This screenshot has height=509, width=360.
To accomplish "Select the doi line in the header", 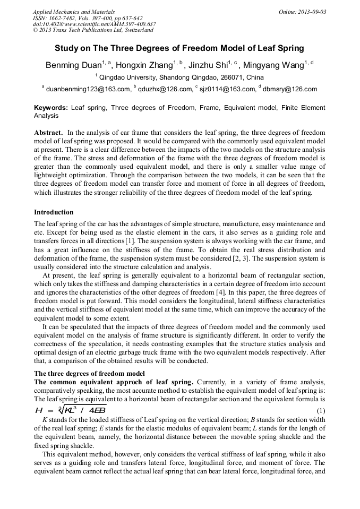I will point(94,24).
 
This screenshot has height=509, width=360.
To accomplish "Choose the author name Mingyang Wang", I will point(273,65).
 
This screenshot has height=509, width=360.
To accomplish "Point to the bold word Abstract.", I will point(49,132).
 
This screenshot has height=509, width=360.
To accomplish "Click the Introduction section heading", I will point(54,212).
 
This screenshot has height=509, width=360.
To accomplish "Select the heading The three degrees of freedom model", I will point(89,373).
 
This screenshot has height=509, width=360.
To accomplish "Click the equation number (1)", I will point(321,411).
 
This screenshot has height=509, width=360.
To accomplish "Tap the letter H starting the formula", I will point(39,411).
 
